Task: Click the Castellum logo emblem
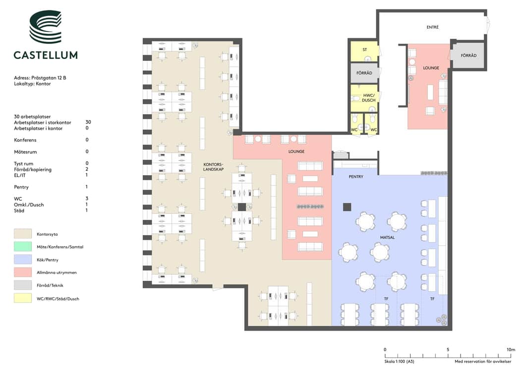[x=46, y=27]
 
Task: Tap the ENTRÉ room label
[x=432, y=27]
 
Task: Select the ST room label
[x=365, y=50]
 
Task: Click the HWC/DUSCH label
[x=368, y=98]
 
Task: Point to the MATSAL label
[x=387, y=237]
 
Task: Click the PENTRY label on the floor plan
[x=356, y=177]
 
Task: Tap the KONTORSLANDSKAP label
[x=213, y=167]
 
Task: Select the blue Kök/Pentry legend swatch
[x=23, y=259]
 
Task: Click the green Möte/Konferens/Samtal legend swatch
[x=23, y=247]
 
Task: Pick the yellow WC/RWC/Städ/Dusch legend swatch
[x=23, y=299]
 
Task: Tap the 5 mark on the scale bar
[x=448, y=350]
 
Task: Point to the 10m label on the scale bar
[x=511, y=350]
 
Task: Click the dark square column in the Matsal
[x=347, y=207]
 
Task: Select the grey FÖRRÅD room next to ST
[x=364, y=73]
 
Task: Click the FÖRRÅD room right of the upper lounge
[x=469, y=56]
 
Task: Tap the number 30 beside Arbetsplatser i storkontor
[x=88, y=122]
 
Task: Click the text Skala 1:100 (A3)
[x=399, y=362]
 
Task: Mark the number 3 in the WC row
[x=87, y=198]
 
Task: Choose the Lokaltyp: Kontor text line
[x=32, y=84]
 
